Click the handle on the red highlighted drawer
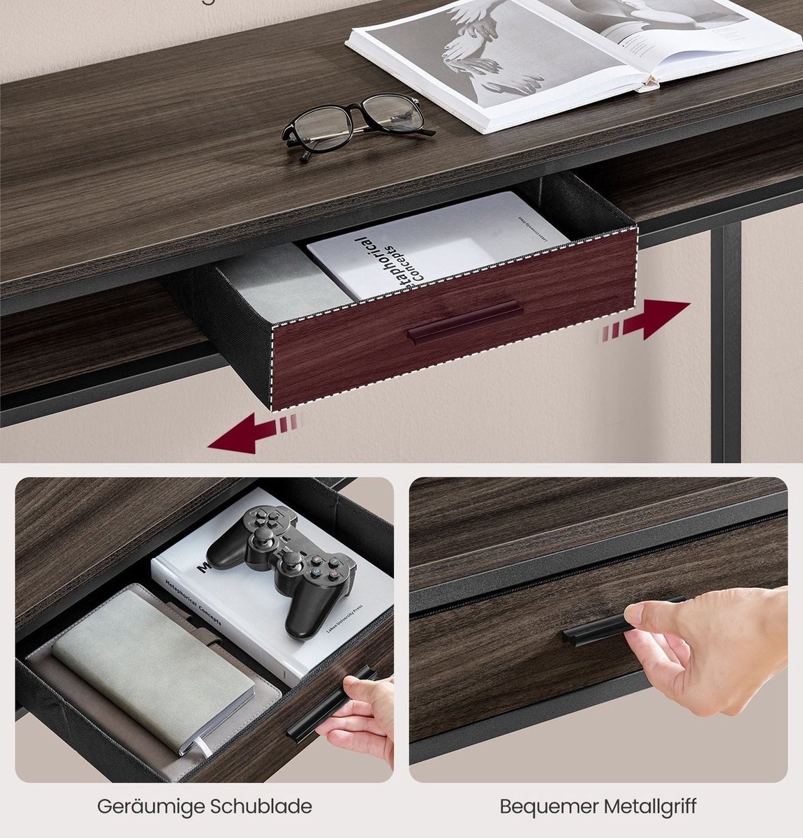click(464, 322)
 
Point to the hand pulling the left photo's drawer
click(360, 719)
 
